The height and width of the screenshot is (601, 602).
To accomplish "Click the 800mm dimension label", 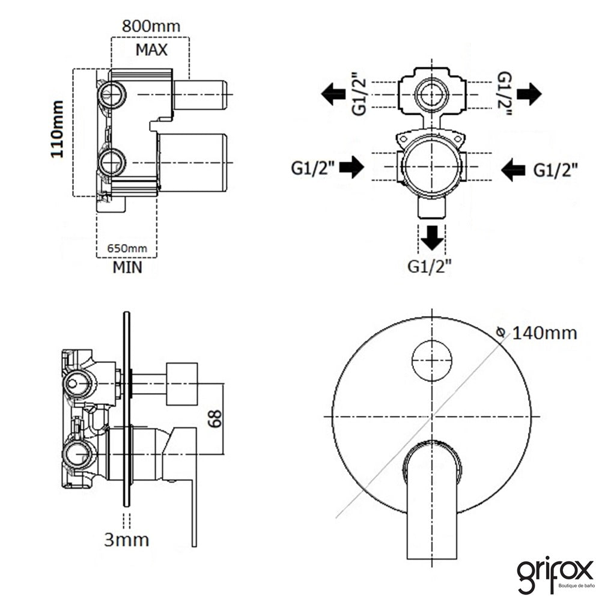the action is click(151, 26).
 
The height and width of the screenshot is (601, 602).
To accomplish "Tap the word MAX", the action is click(151, 50).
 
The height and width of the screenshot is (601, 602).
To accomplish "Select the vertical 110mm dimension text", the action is click(57, 129).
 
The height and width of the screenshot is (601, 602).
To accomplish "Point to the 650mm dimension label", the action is click(127, 248).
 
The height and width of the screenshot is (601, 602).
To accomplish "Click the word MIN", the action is click(127, 267).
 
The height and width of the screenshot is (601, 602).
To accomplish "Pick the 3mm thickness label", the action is click(126, 540).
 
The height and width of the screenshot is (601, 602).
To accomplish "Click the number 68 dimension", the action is click(215, 418).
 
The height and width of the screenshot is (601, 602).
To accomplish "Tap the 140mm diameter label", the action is click(544, 333).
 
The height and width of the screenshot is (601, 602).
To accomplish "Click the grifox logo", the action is click(555, 575).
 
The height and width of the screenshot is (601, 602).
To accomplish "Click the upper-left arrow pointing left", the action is click(333, 94).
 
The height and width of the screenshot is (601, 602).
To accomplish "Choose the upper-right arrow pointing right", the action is click(529, 94).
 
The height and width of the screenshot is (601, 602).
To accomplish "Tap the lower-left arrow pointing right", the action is click(351, 167).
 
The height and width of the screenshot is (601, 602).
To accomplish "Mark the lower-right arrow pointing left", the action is click(513, 169).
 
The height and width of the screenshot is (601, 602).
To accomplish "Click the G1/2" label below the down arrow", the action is click(429, 266).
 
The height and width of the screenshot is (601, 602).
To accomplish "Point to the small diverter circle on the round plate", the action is click(432, 361).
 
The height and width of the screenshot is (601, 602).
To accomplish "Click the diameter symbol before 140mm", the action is click(501, 332).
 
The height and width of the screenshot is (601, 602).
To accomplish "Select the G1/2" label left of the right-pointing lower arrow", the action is click(313, 168).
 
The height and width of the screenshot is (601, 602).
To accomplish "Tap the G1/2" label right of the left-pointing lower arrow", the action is click(555, 169).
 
